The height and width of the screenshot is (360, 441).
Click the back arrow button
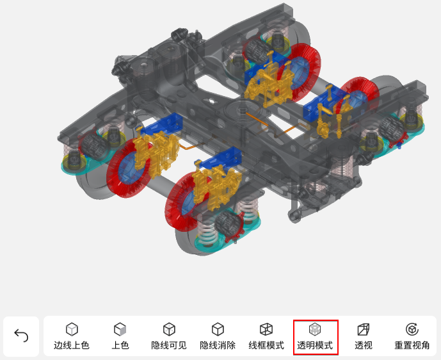21,336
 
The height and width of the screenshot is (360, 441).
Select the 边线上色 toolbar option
72,336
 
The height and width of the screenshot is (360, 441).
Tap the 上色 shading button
120,336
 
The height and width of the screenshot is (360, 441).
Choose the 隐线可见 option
169,336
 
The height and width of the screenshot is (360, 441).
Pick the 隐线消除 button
218,336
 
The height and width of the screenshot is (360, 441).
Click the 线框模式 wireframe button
266,336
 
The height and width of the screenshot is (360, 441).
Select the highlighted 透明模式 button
316,337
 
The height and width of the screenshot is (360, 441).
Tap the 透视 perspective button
364,336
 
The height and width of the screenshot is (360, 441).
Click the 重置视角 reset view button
412,336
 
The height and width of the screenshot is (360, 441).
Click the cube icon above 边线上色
72,329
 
